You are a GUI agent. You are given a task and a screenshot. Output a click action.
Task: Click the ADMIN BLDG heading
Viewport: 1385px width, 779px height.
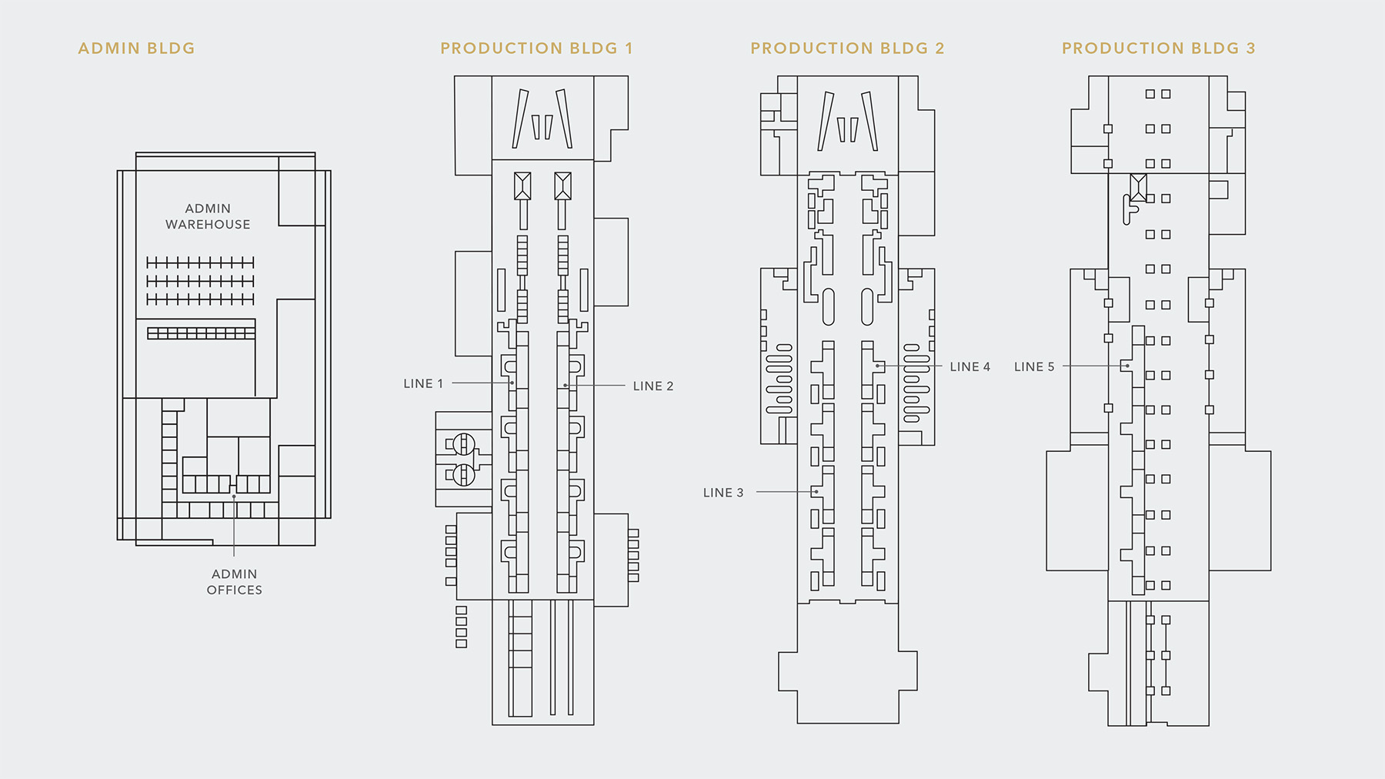pos(136,48)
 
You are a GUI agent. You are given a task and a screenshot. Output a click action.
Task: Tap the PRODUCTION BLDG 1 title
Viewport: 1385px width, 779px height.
pos(536,48)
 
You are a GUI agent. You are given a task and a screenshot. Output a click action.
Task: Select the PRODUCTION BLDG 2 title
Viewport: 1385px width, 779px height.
pos(847,48)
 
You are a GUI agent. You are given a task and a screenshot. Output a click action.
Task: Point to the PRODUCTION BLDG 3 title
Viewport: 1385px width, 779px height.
pos(1158,48)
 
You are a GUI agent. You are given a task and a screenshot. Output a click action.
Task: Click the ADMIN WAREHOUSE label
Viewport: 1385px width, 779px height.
pos(208,216)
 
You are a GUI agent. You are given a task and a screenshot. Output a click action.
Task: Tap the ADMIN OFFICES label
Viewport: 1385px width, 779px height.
pos(235,582)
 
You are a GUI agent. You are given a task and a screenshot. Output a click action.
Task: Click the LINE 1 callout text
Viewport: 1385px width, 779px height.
pos(423,383)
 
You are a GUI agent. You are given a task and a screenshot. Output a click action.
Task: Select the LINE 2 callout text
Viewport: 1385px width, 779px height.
pos(653,386)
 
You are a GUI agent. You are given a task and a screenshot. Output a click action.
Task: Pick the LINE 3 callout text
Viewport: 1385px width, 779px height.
pos(723,493)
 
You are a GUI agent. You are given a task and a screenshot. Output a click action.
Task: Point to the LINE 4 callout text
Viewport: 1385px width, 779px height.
pos(969,366)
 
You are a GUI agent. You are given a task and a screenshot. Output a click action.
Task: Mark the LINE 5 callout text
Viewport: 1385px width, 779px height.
pos(1034,366)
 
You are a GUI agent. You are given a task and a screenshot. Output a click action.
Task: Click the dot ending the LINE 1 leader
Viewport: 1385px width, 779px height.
pos(512,383)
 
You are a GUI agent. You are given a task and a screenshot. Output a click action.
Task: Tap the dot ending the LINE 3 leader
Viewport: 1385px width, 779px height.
pos(816,492)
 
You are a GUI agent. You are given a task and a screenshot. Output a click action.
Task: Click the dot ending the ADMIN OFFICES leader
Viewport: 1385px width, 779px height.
pos(234,496)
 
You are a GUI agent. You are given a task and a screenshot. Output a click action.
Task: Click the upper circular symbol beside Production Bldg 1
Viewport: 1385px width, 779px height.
pos(463,444)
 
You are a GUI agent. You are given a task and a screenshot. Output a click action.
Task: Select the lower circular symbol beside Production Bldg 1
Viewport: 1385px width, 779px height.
pos(463,474)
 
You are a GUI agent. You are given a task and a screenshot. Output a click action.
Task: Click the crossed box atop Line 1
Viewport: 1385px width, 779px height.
pos(522,186)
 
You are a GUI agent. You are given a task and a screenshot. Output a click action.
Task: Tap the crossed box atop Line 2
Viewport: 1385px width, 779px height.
pos(562,186)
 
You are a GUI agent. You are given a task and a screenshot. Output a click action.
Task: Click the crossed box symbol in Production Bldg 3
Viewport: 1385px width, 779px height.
pos(1139,187)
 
